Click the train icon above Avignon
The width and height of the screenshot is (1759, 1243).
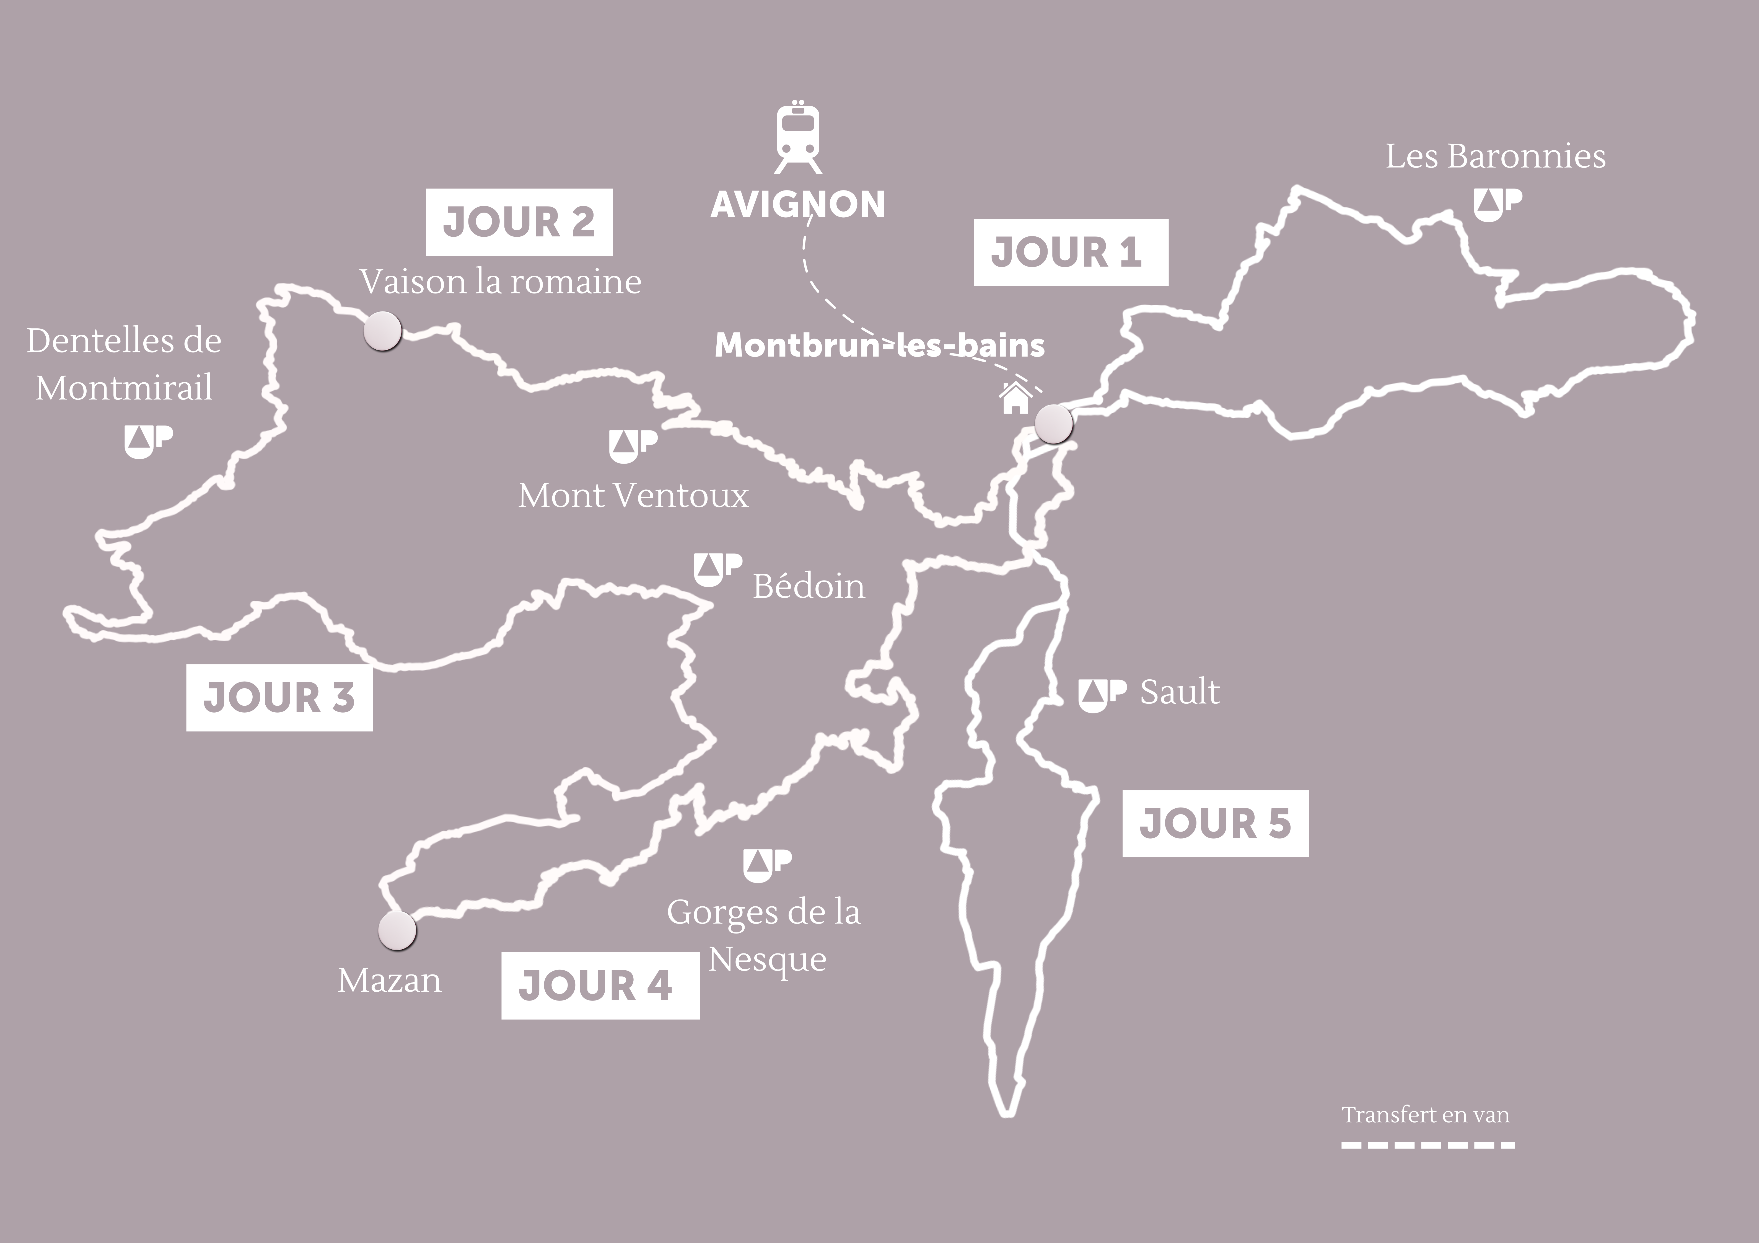coord(797,138)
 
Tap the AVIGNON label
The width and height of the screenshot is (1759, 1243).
coord(797,205)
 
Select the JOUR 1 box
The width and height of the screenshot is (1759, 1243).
coord(1070,252)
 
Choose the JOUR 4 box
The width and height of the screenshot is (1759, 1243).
coord(600,986)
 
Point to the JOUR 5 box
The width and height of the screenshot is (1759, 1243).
coord(1215,823)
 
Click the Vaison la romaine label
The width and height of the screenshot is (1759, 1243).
coord(500,282)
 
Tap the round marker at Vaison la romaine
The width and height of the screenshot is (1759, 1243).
coord(382,331)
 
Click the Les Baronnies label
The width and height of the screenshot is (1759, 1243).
coord(1495,156)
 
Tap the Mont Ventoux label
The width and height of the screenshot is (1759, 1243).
coord(633,496)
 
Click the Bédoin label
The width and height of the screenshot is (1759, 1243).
coord(808,586)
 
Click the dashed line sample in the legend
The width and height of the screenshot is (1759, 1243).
coord(1427,1145)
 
